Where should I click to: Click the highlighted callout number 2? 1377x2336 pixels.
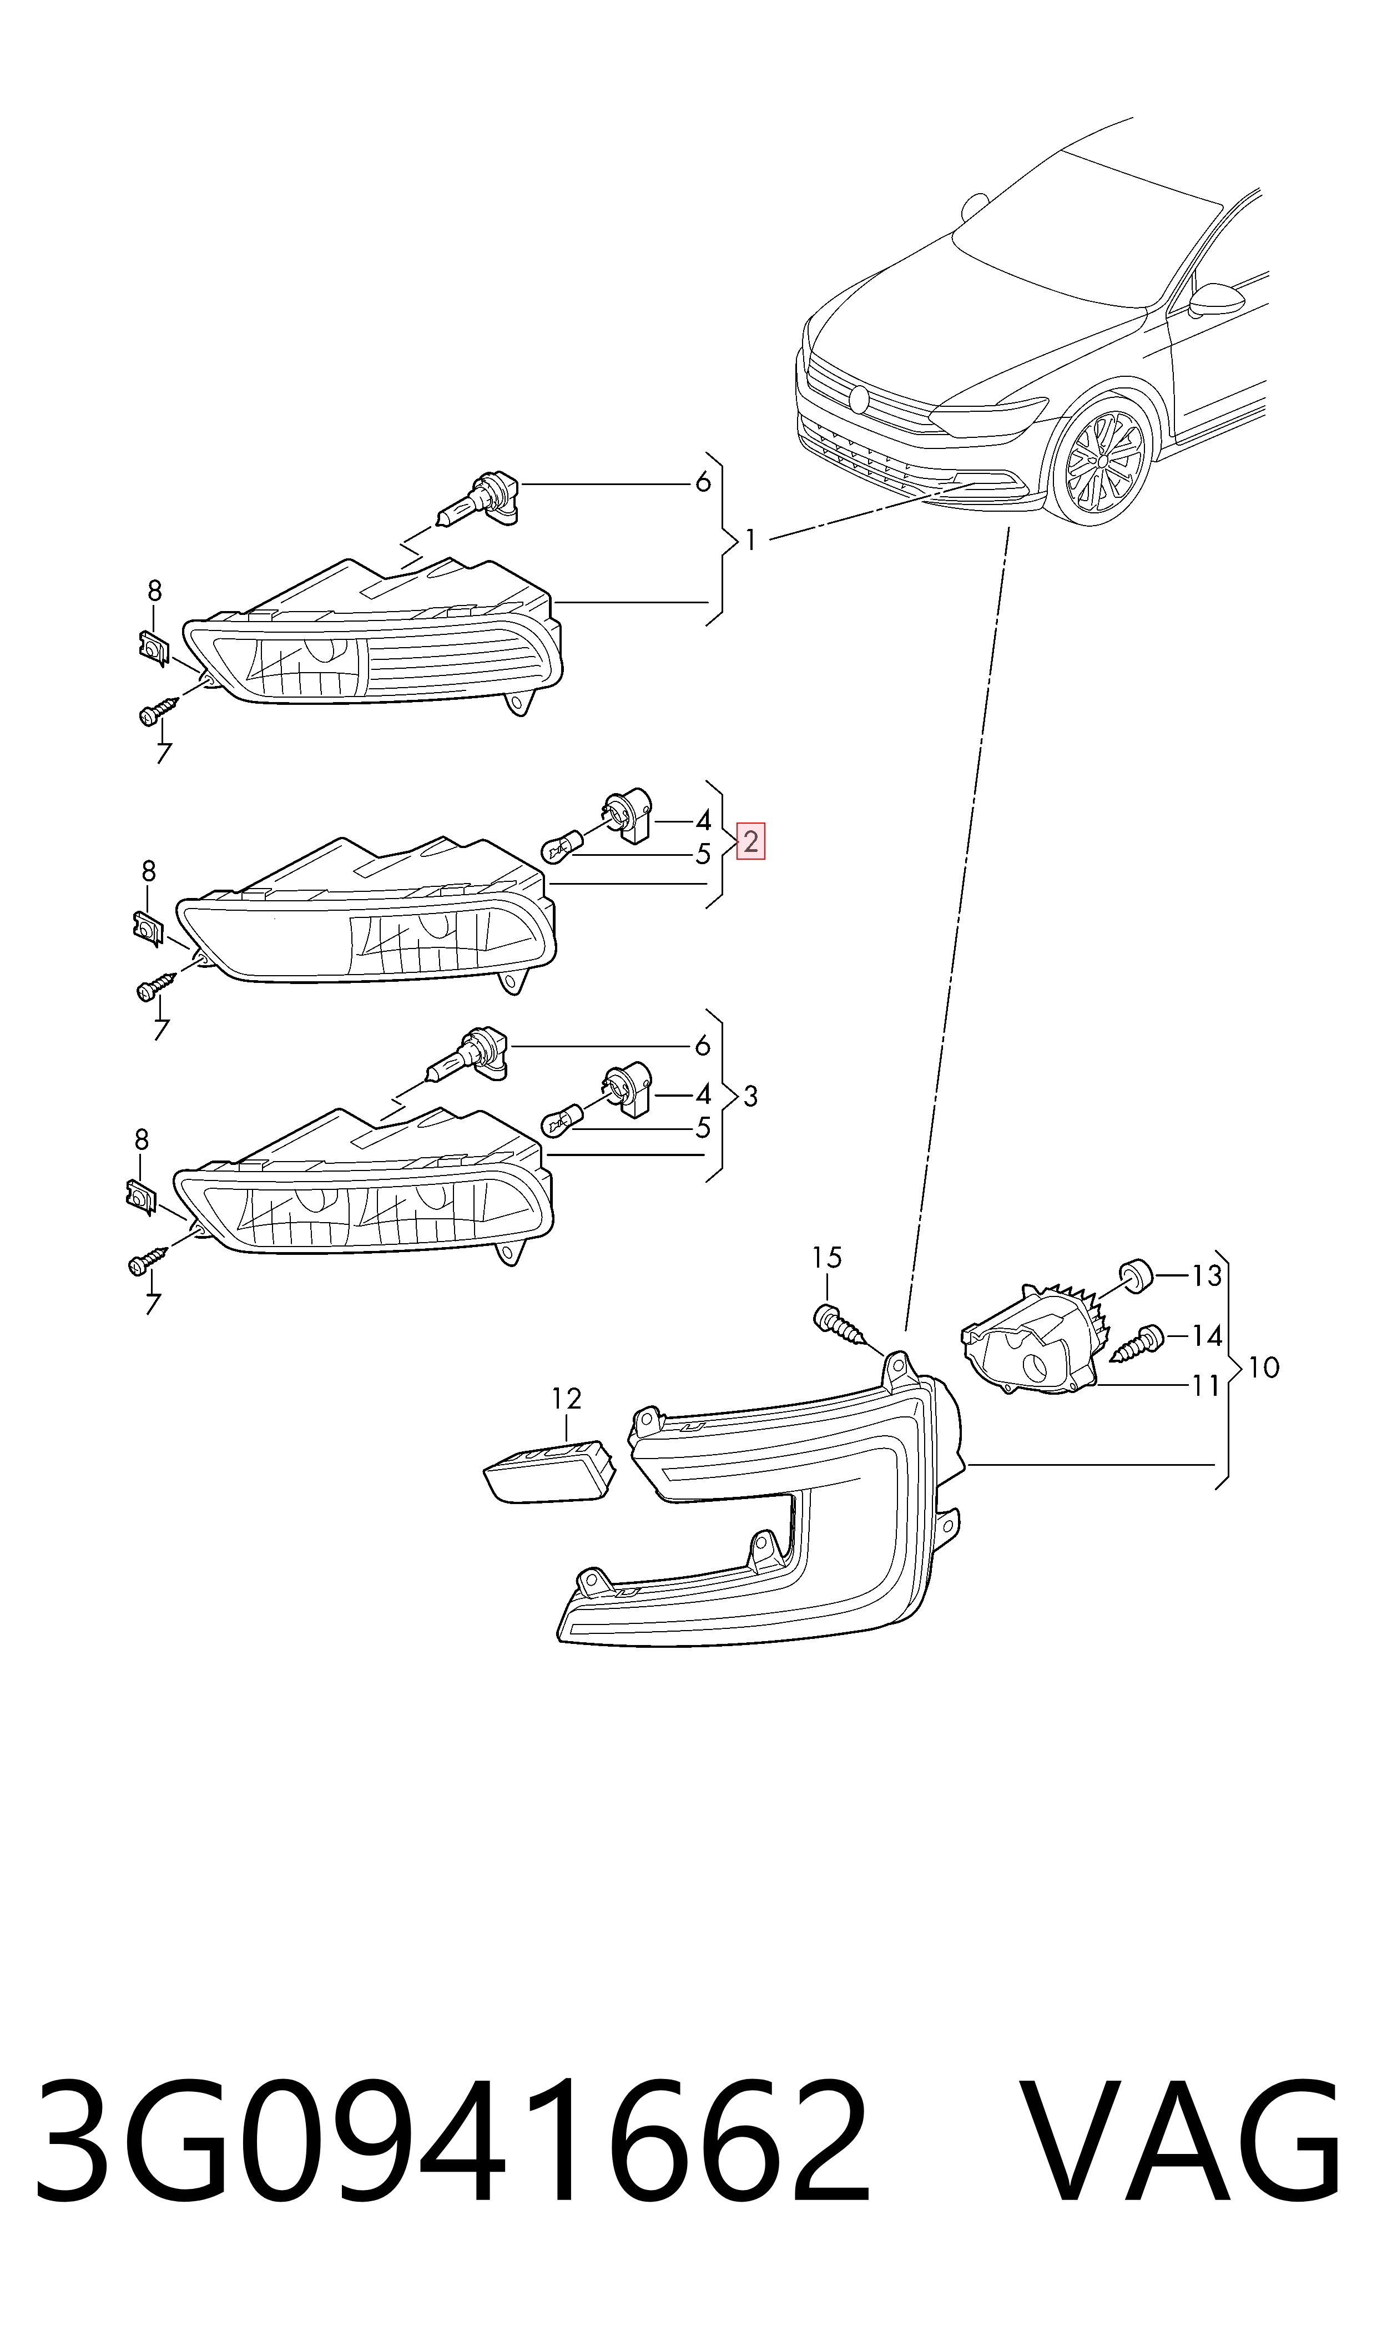(751, 841)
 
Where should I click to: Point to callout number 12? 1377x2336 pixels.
(566, 1398)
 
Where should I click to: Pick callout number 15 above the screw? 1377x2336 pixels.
(827, 1257)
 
